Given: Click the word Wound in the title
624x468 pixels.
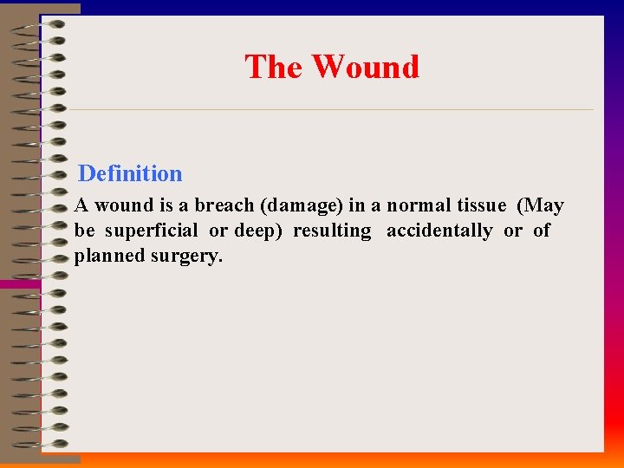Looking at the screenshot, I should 365,67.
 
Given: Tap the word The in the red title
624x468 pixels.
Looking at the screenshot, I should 272,67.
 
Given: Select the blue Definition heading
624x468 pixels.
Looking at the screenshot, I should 130,173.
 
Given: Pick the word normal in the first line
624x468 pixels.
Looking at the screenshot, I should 419,206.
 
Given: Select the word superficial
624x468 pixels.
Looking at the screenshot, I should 152,231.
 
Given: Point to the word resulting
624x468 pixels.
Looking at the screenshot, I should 332,231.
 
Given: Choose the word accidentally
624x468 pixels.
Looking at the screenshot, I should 439,231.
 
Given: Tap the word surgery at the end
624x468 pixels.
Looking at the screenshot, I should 188,257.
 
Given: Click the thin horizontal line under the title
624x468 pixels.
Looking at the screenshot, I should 329,110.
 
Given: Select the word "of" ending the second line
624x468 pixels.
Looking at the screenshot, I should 542,231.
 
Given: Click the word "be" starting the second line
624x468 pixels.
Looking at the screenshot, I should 84,231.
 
